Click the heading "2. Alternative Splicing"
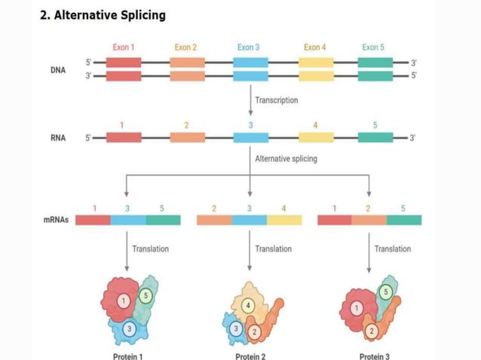pos(103,15)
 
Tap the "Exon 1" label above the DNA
pos(123,47)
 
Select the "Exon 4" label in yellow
pos(315,47)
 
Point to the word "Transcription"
pos(276,99)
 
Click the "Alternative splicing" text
pos(286,159)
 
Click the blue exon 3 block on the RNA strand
pos(250,138)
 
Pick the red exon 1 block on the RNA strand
pos(123,138)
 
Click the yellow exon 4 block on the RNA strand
pos(315,138)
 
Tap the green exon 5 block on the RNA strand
pos(375,138)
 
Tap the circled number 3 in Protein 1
pos(129,328)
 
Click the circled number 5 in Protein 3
pos(385,291)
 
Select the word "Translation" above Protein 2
pos(273,249)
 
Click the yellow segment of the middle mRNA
pos(284,220)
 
